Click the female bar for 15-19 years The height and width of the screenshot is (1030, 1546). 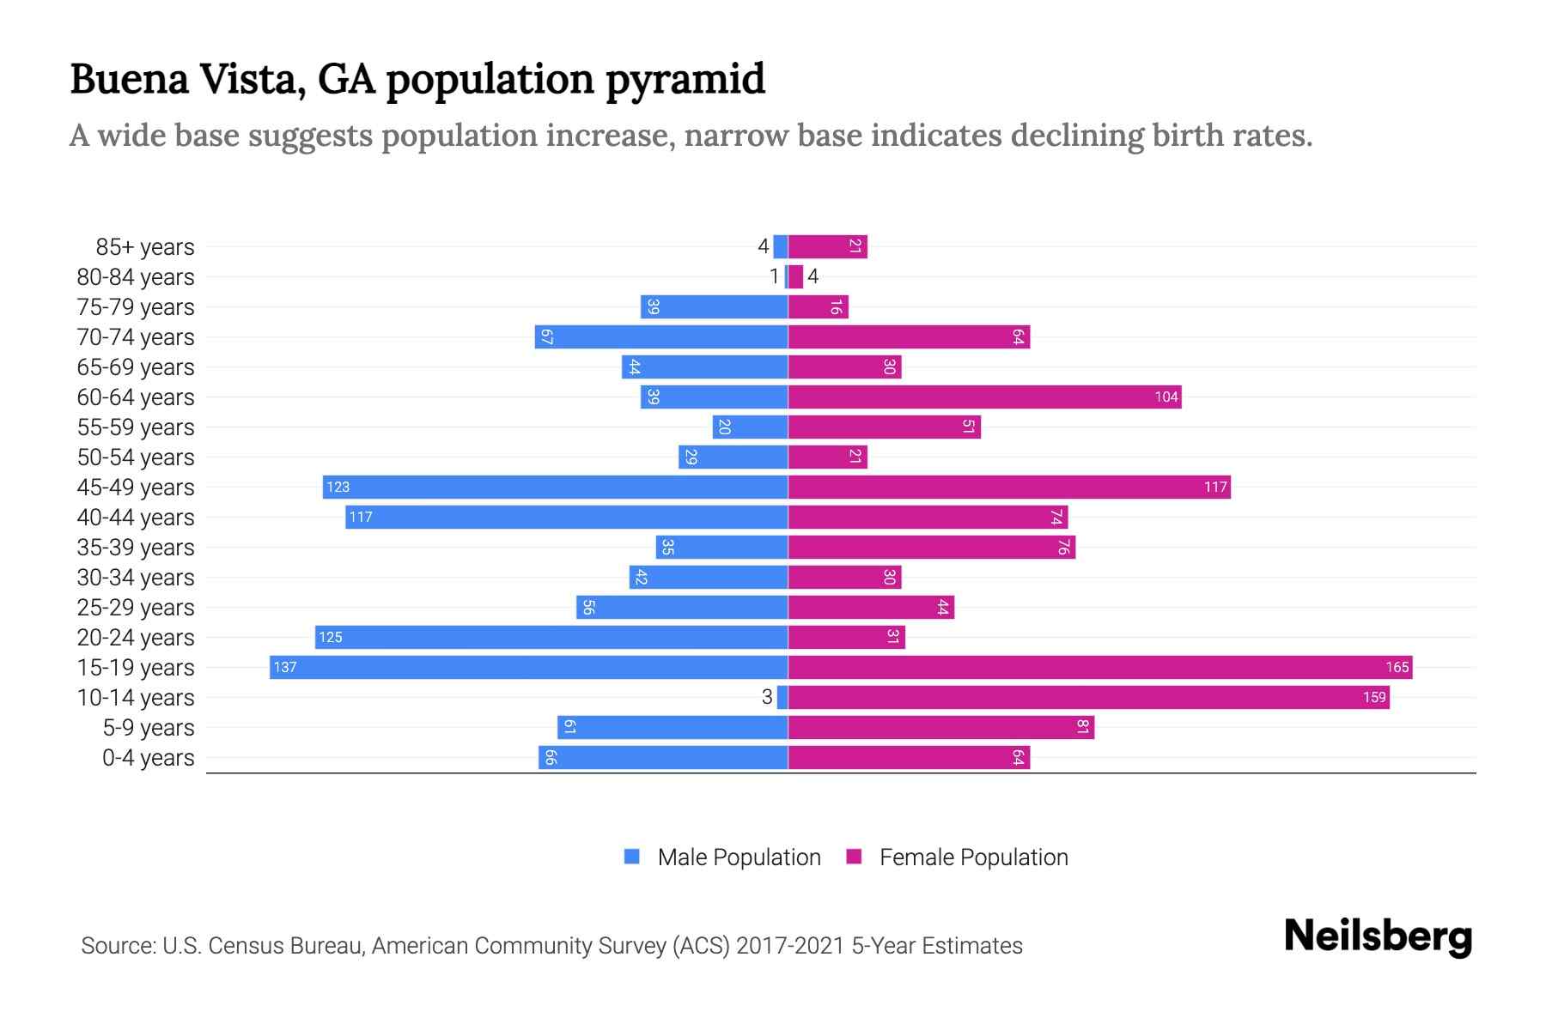click(x=1099, y=667)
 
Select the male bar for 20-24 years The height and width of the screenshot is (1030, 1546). click(x=551, y=637)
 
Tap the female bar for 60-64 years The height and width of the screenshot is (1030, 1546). click(x=984, y=397)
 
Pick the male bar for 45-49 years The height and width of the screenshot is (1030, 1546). click(x=555, y=487)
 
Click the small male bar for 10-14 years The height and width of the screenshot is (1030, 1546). click(x=782, y=697)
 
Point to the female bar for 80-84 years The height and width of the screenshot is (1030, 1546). click(x=795, y=276)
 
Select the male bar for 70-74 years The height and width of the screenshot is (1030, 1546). click(x=661, y=336)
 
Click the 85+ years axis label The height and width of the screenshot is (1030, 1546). click(x=144, y=247)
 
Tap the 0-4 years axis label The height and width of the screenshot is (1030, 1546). click(x=148, y=758)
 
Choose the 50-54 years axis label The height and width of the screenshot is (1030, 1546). click(x=135, y=457)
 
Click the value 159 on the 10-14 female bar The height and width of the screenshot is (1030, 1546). click(x=1374, y=697)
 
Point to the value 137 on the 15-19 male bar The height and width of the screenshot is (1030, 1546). click(x=285, y=667)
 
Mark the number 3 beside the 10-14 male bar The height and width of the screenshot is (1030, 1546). click(x=767, y=697)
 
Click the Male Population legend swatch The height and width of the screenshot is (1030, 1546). click(x=632, y=857)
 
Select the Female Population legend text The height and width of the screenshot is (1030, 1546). click(x=973, y=857)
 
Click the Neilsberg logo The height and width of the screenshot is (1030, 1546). click(x=1378, y=936)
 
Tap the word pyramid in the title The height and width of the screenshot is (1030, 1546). click(x=685, y=79)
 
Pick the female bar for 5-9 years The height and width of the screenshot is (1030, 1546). click(x=940, y=727)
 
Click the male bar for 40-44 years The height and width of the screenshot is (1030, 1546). click(x=567, y=517)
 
